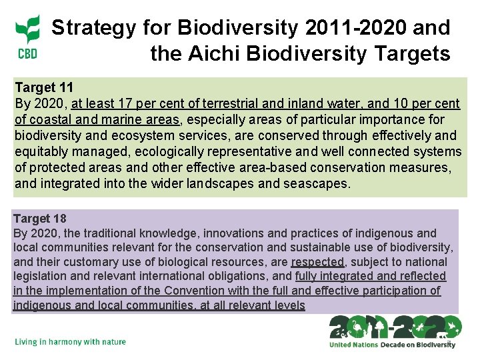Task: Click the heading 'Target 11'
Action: click(x=44, y=87)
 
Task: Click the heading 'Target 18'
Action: click(x=40, y=219)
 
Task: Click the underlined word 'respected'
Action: click(x=317, y=262)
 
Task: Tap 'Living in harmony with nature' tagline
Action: click(x=70, y=342)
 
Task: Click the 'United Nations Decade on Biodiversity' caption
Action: click(x=392, y=345)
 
